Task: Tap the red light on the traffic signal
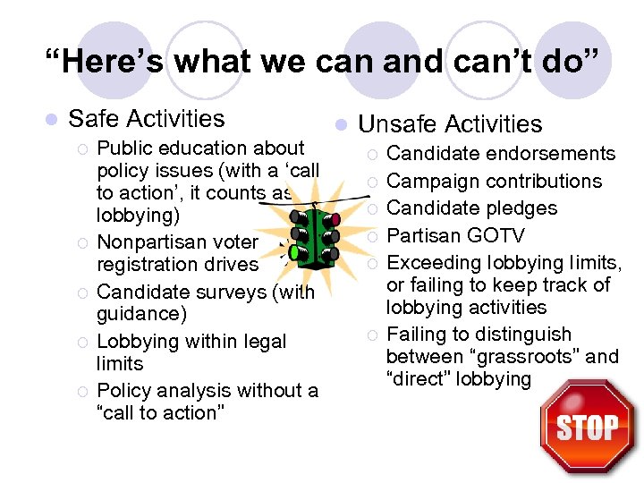click(x=335, y=217)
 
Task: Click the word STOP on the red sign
click(x=587, y=428)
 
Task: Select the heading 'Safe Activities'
click(x=146, y=118)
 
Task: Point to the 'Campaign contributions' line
click(x=494, y=181)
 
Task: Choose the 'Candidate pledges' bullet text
click(x=471, y=208)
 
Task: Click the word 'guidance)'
click(x=141, y=314)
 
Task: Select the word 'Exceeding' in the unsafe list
click(x=431, y=262)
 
